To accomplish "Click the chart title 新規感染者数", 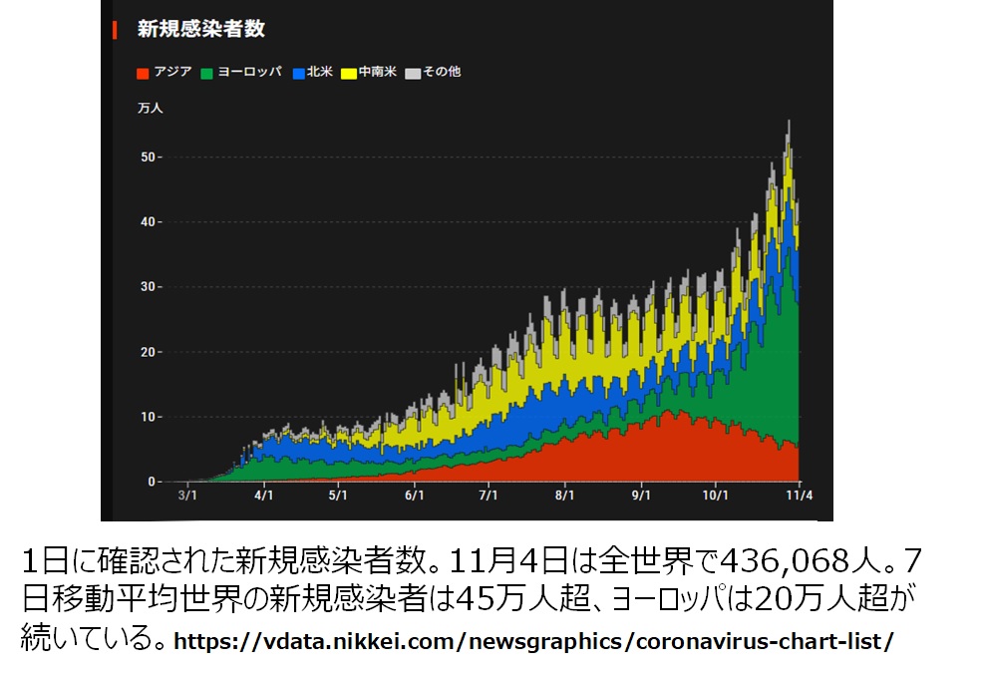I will coord(200,29).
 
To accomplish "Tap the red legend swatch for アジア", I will coord(143,73).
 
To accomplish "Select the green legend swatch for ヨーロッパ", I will coord(207,73).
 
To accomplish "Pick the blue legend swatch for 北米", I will coord(298,73).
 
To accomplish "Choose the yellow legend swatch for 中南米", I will coord(349,73).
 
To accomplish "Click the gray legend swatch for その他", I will coord(414,73).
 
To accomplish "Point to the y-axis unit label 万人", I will coord(150,108).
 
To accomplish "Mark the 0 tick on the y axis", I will coord(153,482).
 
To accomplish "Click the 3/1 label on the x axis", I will coord(186,496).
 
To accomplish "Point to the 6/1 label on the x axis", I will coord(414,496).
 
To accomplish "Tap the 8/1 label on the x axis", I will coord(565,496).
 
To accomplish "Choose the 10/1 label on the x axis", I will coord(717,496).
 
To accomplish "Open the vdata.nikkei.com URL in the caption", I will coord(533,641).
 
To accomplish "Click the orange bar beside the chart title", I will coord(115,29).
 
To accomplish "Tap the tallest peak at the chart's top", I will coord(789,122).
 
